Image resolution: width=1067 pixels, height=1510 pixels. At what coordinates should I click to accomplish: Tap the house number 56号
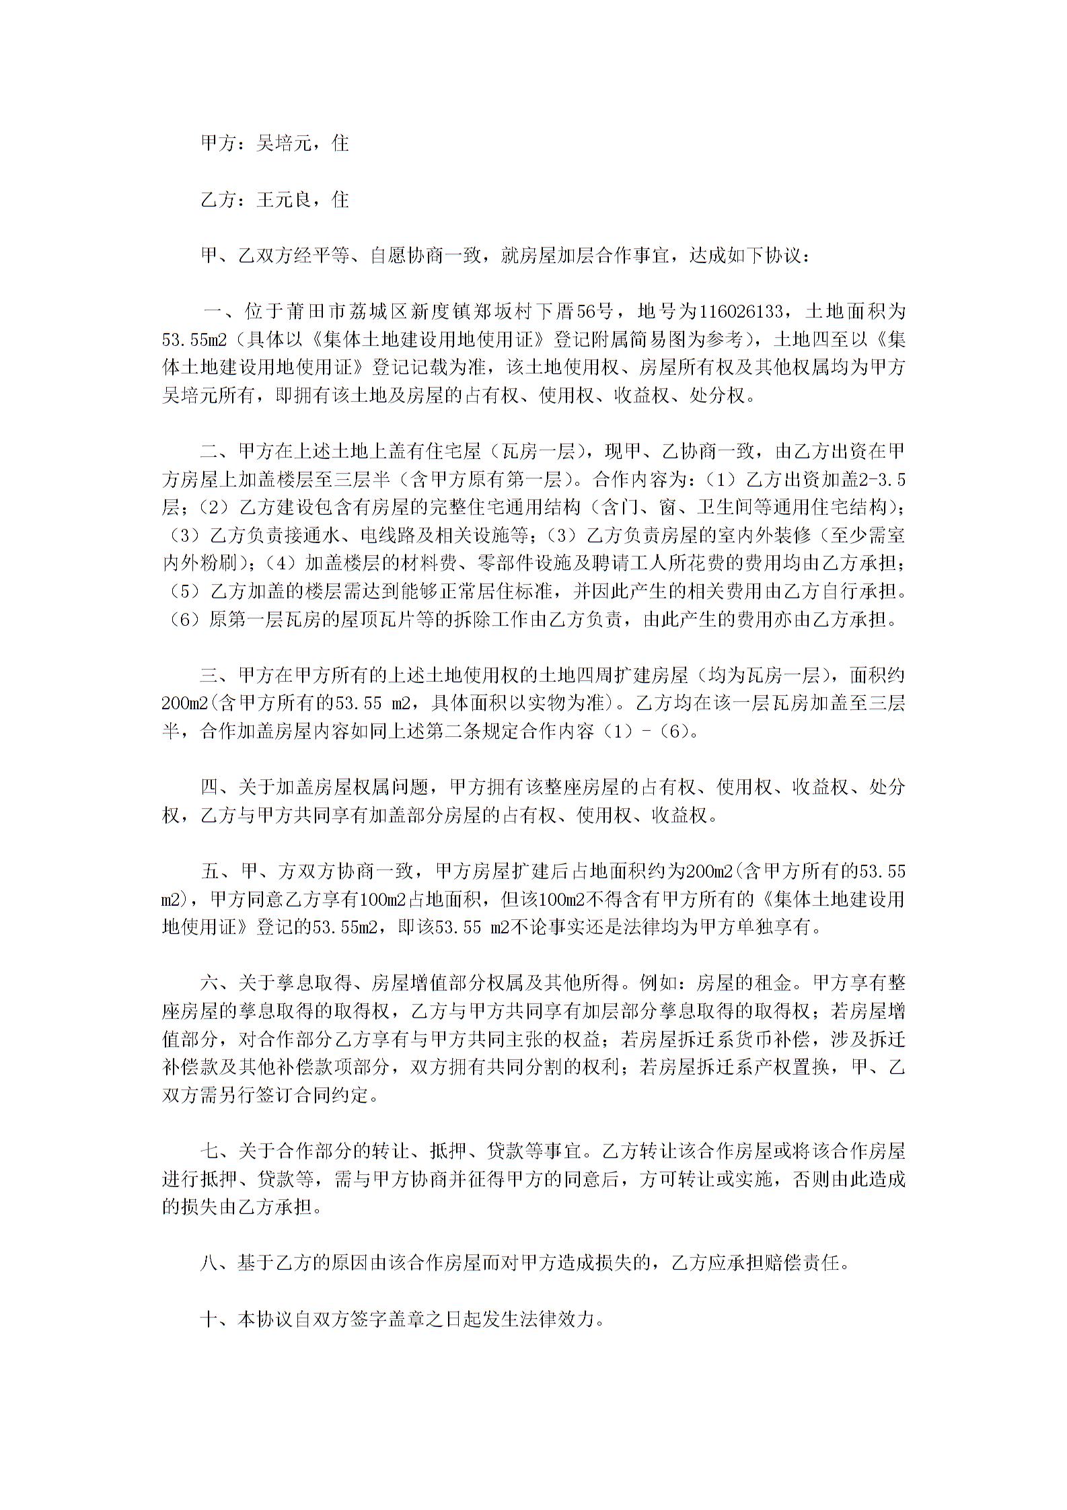point(592,312)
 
